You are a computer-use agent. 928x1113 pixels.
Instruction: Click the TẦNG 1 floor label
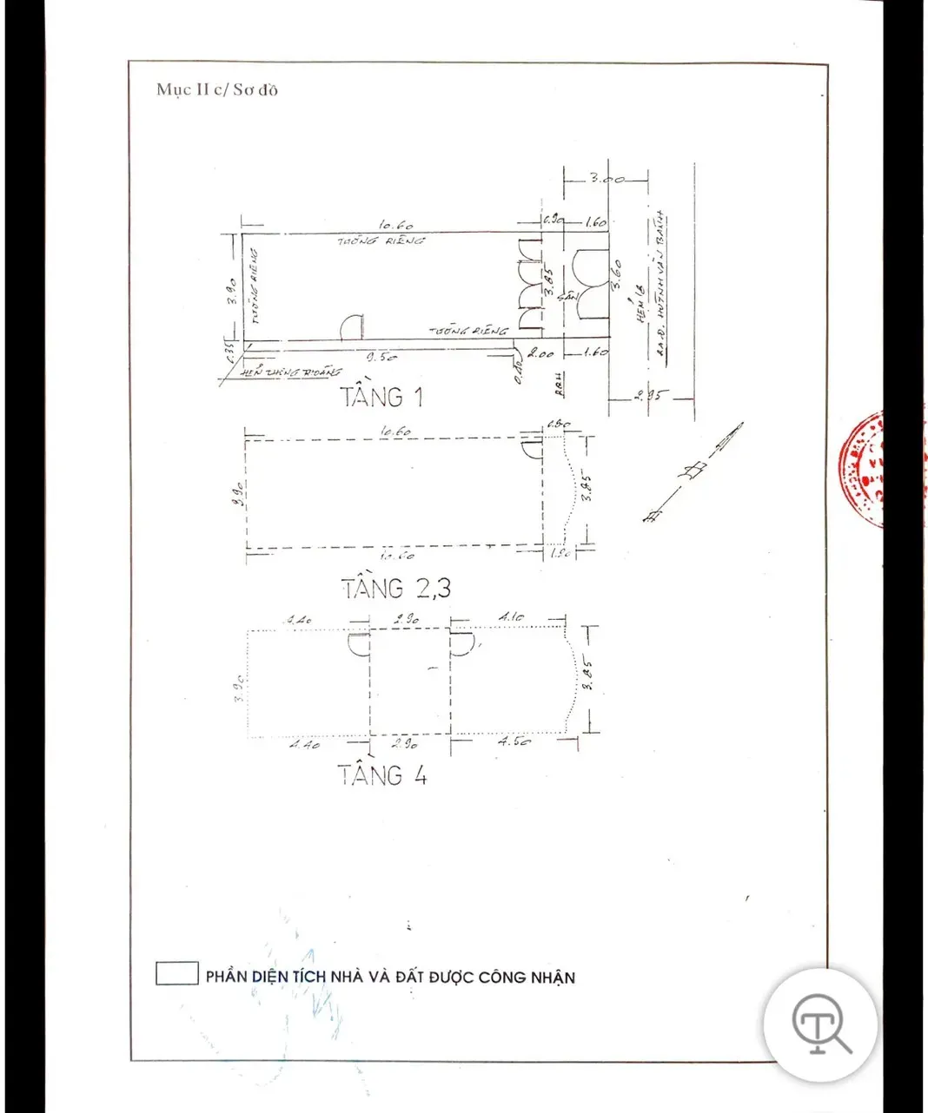(381, 398)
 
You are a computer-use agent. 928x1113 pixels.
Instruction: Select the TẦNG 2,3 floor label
(396, 588)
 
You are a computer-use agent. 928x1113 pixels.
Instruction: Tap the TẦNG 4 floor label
(382, 774)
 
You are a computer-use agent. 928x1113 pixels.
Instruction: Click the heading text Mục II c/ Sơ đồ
(217, 89)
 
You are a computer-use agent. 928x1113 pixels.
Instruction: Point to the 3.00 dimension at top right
(607, 179)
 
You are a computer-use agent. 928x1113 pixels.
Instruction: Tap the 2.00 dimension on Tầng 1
(541, 353)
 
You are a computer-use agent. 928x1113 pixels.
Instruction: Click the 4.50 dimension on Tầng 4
(514, 742)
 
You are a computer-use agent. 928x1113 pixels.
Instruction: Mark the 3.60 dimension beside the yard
(617, 277)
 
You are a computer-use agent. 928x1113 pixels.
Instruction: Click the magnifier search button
(820, 1024)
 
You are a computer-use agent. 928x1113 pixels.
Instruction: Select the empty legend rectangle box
(177, 973)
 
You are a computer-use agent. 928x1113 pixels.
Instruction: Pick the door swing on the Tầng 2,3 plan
(530, 448)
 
